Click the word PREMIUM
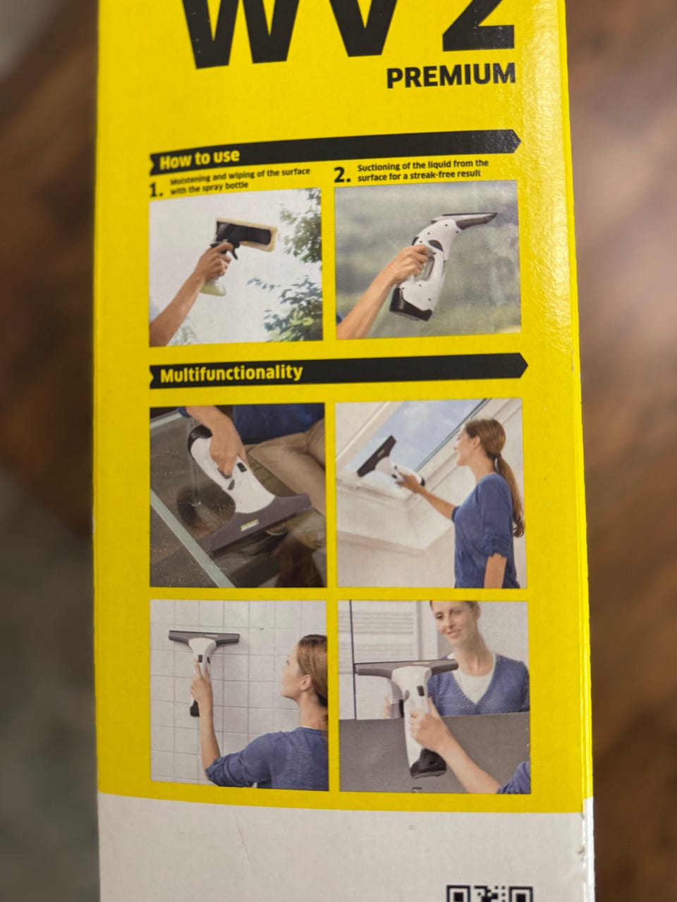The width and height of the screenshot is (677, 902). pyautogui.click(x=451, y=75)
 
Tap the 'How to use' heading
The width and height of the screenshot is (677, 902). pyautogui.click(x=200, y=159)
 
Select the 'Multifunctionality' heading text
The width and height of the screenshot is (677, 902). pyautogui.click(x=231, y=373)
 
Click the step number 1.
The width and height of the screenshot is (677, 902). pyautogui.click(x=156, y=190)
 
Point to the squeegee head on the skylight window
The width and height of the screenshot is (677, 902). pyautogui.click(x=377, y=455)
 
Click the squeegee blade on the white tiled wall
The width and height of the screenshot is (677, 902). pyautogui.click(x=204, y=637)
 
